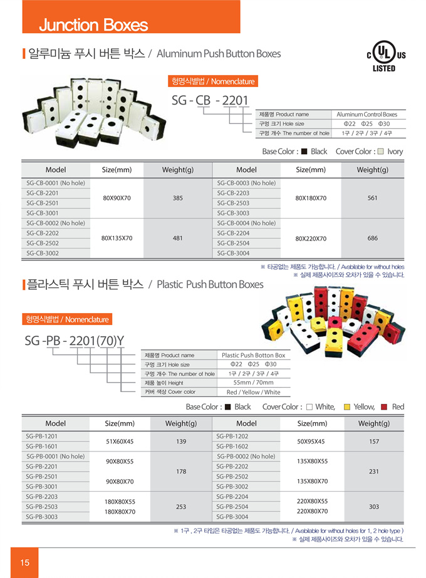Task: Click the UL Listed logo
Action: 383,56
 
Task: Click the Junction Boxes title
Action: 93,25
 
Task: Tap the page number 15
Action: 24,562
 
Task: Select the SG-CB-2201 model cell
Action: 43,193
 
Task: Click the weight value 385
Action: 177,198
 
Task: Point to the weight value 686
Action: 372,238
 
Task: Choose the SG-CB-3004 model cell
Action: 233,253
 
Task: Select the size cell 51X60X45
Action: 119,441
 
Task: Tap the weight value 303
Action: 373,507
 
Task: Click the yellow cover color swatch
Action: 348,407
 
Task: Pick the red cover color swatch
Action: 384,407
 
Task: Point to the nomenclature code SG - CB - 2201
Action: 210,100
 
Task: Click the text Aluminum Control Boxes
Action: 366,115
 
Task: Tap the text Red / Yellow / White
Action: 253,392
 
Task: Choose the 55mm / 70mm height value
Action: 253,383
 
